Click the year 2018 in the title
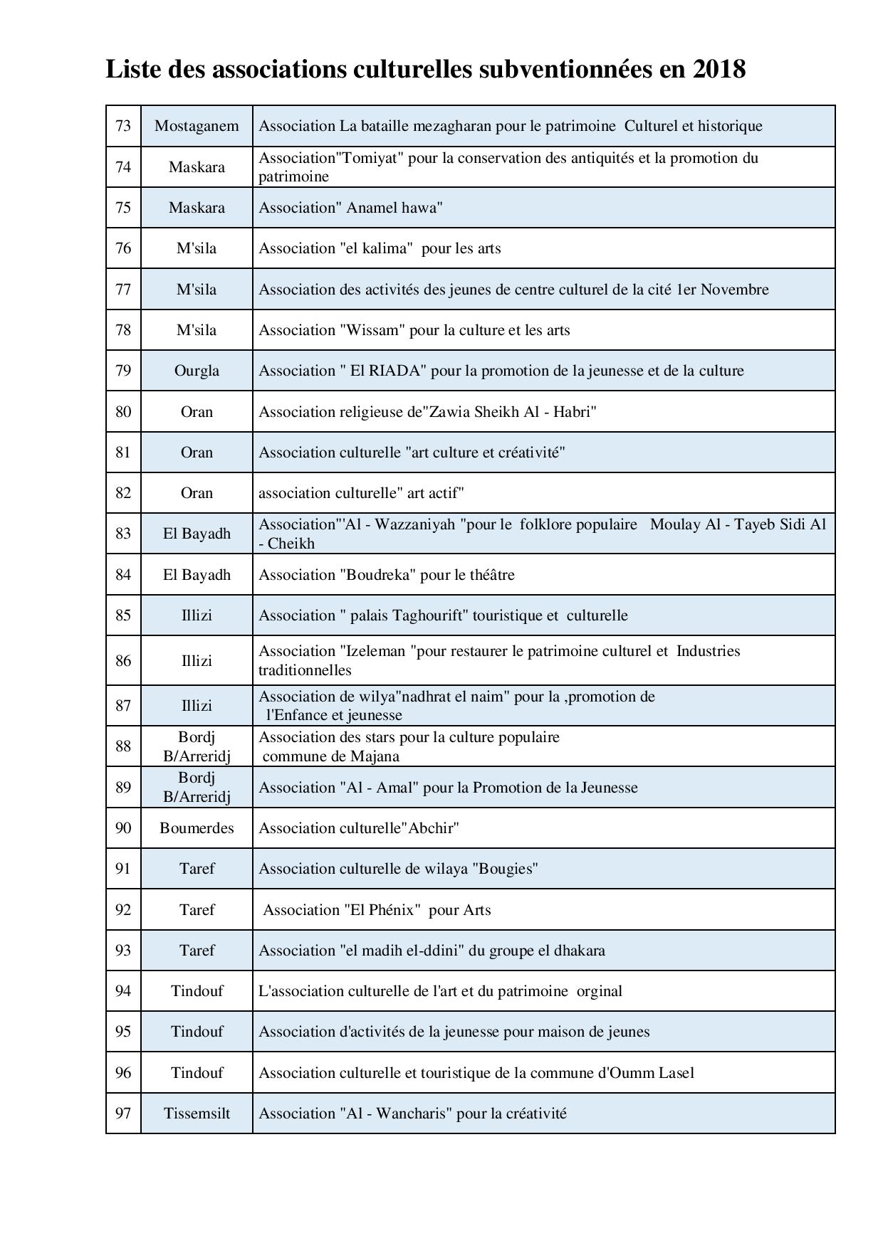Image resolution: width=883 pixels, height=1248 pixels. pos(718,69)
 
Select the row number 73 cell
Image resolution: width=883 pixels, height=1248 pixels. pos(123,126)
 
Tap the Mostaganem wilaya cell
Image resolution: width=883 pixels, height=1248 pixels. pos(197,126)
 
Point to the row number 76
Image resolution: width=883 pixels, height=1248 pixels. pos(123,248)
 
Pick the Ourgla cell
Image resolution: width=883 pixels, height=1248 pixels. pos(197,371)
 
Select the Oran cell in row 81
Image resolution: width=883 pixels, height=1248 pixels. pos(197,453)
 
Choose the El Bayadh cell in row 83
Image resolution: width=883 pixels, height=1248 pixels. pos(197,534)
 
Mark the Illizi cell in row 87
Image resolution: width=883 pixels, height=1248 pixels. pos(197,706)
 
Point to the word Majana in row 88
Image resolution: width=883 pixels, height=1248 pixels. pos(375,756)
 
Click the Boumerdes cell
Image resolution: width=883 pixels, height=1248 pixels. pos(197,828)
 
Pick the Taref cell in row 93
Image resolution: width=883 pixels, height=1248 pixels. pos(197,951)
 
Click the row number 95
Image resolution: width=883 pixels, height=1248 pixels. pos(123,1032)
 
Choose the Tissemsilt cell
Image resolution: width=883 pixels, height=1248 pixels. pos(197,1114)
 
